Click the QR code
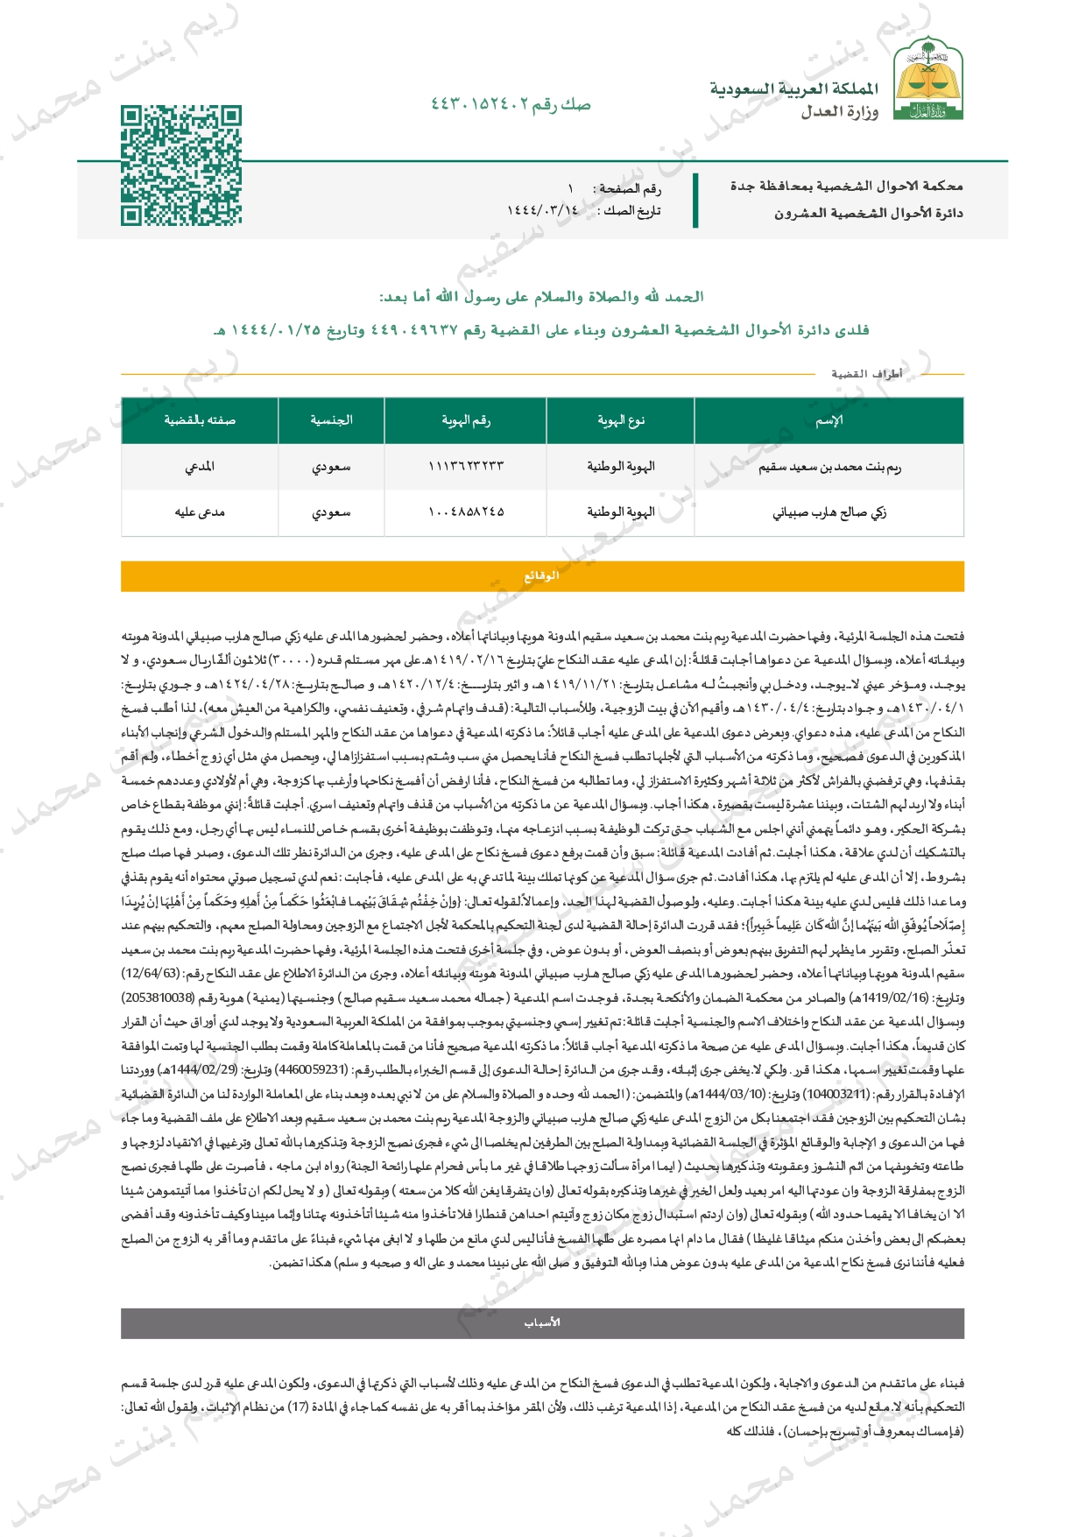(180, 166)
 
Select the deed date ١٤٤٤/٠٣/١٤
(542, 210)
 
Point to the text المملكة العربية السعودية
(793, 88)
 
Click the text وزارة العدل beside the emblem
(839, 111)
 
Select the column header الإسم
(829, 420)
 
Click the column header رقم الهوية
(465, 420)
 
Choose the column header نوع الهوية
(620, 420)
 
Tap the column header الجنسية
(331, 420)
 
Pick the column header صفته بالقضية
(200, 420)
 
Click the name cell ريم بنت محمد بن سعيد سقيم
(829, 467)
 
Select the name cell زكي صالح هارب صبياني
(829, 512)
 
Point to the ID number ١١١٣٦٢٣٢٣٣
(465, 467)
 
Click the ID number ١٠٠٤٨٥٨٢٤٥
(465, 512)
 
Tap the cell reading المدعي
(200, 467)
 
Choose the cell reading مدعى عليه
(200, 512)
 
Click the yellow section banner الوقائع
(542, 576)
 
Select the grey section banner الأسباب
(542, 1322)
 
